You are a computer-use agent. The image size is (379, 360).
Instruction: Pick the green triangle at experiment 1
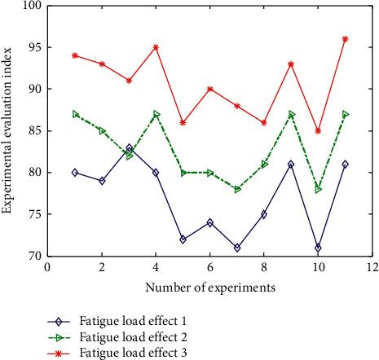pos(75,114)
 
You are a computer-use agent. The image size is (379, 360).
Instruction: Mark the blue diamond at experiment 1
pos(75,173)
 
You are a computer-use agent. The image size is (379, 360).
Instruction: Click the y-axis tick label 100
pos(31,6)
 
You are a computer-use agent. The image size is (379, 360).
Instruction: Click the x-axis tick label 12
pos(372,267)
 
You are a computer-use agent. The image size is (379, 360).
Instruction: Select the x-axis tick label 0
pos(48,267)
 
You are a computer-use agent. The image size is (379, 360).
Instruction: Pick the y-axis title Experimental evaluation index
pos(7,130)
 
